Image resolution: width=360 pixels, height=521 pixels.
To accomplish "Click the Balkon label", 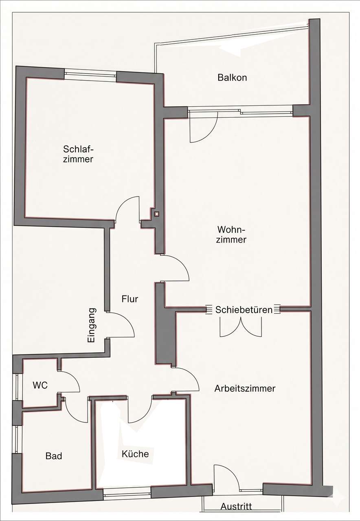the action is click(232, 77).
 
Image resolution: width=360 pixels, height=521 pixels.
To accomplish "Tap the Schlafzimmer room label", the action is click(78, 154).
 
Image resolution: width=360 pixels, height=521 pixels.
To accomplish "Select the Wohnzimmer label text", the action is click(231, 235).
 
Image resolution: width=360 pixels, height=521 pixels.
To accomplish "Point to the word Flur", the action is click(130, 299).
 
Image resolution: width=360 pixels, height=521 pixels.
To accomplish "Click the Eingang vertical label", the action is click(92, 325).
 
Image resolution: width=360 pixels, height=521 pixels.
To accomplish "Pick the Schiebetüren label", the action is click(244, 310).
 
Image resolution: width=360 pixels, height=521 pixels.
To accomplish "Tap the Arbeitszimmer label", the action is click(245, 388).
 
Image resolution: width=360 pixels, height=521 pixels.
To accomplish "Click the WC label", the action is click(40, 385).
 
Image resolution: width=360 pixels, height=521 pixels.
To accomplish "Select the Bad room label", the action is click(54, 456).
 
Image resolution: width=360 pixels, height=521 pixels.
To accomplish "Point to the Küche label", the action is click(135, 454).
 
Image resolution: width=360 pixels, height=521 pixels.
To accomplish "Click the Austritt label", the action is click(236, 506).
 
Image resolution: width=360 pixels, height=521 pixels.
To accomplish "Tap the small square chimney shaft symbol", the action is click(157, 214).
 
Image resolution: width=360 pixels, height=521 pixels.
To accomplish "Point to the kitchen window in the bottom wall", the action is click(127, 488).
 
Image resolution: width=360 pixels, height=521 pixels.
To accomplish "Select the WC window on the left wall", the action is click(18, 387).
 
